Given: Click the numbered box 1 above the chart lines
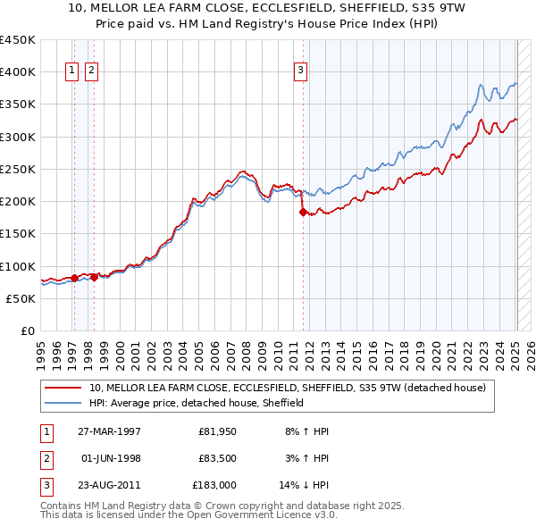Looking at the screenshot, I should pos(71,72).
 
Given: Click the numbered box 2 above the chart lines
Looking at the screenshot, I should pos(92,72).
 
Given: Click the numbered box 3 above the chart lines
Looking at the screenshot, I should pos(301,72).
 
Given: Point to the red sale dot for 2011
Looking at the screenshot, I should pos(303,212).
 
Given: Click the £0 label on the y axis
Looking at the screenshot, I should pos(27,330).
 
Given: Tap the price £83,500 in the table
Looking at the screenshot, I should pos(216,458).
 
